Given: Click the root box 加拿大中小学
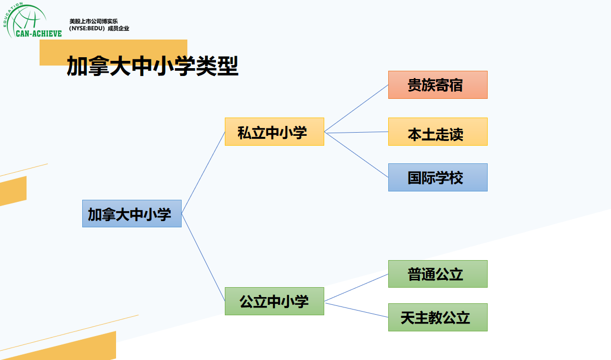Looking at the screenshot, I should tap(132, 213).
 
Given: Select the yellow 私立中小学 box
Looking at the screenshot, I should tap(274, 132).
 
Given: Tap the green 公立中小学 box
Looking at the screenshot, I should tap(274, 301).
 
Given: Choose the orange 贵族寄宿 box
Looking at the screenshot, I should tap(438, 85).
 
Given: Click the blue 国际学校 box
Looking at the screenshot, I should tap(438, 177).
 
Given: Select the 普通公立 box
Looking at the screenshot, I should tap(438, 274).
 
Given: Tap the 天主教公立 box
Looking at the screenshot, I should tap(438, 317).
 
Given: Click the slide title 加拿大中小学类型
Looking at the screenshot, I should tap(152, 67).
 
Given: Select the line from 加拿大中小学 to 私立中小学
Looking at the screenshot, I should tap(203, 172).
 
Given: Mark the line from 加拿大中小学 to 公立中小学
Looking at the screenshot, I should tap(203, 257).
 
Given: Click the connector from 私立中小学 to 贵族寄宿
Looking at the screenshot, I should tap(356, 108).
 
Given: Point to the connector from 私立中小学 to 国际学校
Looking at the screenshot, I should tap(356, 155).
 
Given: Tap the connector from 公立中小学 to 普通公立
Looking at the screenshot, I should tap(356, 288).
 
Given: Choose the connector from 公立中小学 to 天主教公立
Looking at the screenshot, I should tap(356, 309).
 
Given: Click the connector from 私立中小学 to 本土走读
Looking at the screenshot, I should tap(356, 132).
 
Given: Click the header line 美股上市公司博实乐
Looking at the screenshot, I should tap(94, 21).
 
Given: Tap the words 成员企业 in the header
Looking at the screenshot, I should tap(118, 29).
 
